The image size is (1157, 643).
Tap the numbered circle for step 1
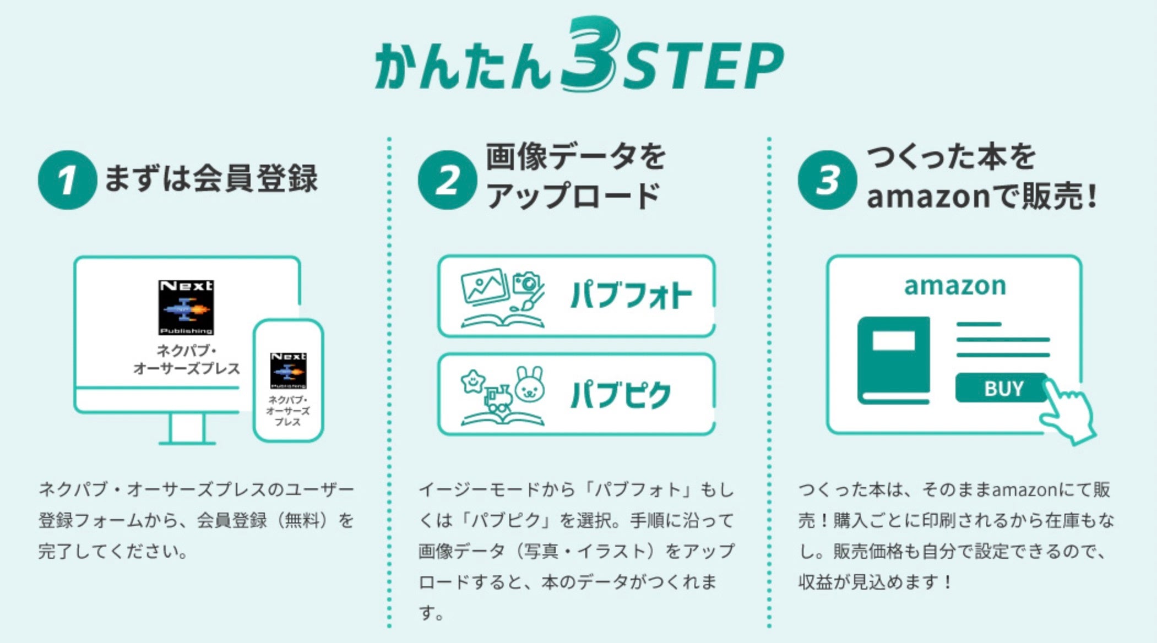coord(67,180)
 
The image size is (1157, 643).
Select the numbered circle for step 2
coord(447,180)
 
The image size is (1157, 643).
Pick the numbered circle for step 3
coord(827,180)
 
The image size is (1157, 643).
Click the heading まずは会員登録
coord(211,179)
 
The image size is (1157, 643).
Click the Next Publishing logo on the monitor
coord(186,307)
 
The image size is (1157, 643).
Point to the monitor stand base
coord(187,442)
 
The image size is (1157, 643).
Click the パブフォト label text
coord(631,296)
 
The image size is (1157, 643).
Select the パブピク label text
coord(621,395)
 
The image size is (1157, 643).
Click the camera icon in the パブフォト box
coord(526,283)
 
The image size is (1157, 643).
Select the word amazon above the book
coord(955,286)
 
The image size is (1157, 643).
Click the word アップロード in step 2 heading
coord(573,197)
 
